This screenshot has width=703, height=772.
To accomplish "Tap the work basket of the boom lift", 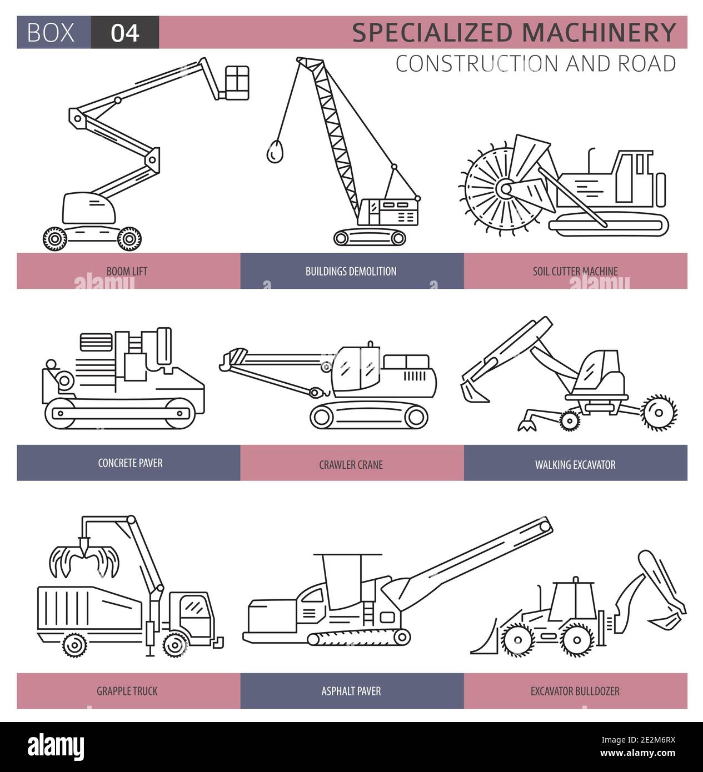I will (x=236, y=83).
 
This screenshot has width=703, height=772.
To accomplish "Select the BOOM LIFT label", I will (x=127, y=271).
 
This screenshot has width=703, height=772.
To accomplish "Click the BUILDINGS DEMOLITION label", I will (x=351, y=271).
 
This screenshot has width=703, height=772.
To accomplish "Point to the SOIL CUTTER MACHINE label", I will (x=575, y=271).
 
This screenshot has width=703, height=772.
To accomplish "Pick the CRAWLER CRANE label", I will (x=351, y=464).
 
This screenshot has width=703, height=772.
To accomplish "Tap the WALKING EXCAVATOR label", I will (x=575, y=464).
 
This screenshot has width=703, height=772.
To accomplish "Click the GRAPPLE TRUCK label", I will (x=127, y=691).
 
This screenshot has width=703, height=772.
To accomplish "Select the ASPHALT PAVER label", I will (x=351, y=691).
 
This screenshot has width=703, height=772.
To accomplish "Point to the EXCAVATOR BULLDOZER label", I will (x=575, y=691).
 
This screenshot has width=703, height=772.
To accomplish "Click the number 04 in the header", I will (x=124, y=33).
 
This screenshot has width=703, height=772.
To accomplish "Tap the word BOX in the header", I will (x=51, y=33).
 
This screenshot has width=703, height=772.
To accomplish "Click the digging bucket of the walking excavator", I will (x=471, y=391).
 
